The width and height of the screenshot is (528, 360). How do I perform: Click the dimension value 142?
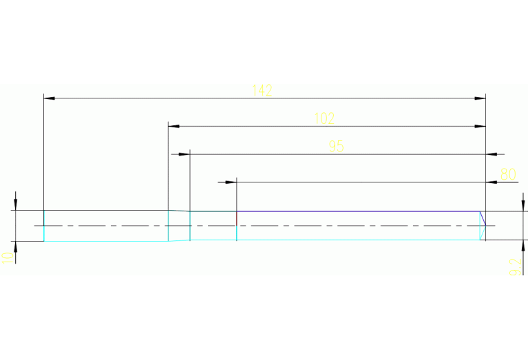pyautogui.click(x=262, y=90)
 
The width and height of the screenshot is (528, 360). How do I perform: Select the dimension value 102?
pyautogui.click(x=324, y=118)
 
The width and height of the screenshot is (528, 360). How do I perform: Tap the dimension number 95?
pyautogui.click(x=336, y=146)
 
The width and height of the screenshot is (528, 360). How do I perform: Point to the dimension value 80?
pyautogui.click(x=508, y=174)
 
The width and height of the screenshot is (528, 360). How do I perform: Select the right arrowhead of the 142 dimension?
pyautogui.click(x=481, y=98)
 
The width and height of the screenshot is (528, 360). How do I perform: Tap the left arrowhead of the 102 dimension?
pyautogui.click(x=174, y=127)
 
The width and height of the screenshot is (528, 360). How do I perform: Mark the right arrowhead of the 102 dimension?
pyautogui.click(x=481, y=127)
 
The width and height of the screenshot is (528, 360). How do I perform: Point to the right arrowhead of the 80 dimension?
pyautogui.click(x=492, y=182)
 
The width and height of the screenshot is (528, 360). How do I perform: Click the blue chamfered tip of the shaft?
pyautogui.click(x=483, y=220)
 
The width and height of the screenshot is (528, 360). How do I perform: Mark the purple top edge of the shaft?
pyautogui.click(x=358, y=211)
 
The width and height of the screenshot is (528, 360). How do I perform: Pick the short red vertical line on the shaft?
pyautogui.click(x=237, y=218)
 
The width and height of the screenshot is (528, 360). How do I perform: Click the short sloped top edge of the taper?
pyautogui.click(x=179, y=211)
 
